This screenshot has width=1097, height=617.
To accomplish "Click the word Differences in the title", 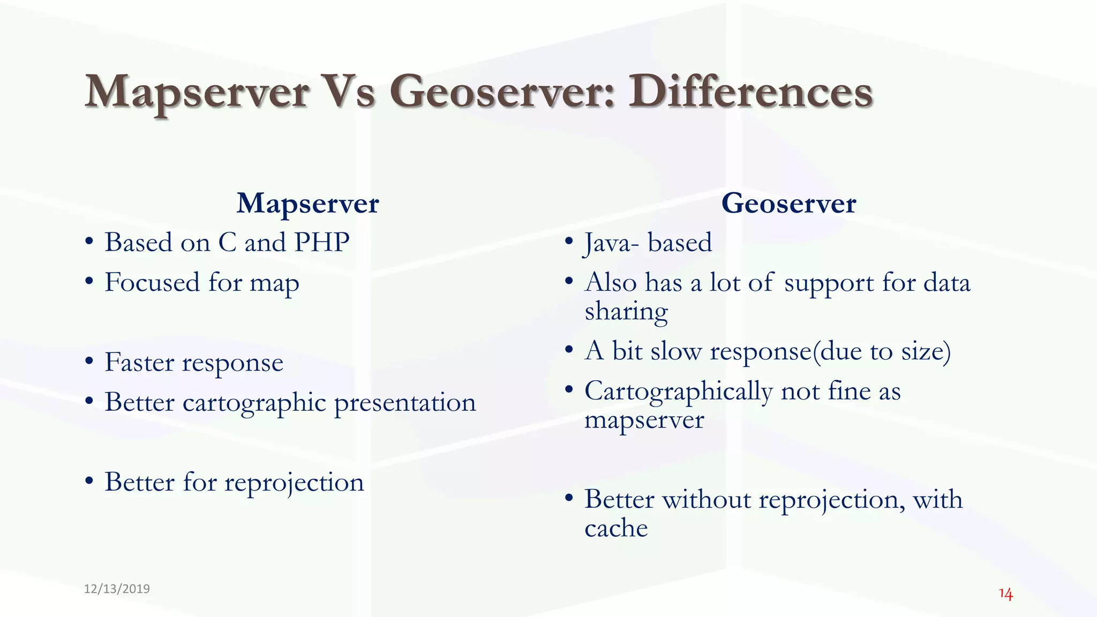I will coord(750,92).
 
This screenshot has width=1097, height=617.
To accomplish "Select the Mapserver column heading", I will coord(307,204).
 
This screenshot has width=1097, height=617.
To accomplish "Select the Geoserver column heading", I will coord(788,204).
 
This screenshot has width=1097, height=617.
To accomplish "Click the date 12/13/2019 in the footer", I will coord(117,589).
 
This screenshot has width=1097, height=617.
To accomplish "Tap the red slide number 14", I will coord(1005,595).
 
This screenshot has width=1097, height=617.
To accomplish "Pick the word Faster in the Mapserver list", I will coord(139,362).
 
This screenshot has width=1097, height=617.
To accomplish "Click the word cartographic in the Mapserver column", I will coord(254,403).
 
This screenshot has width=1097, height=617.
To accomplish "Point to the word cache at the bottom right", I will coord(616,529).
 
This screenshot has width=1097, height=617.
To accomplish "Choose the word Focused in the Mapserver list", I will coord(152,282).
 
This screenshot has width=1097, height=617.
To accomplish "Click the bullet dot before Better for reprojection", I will coord(89,481).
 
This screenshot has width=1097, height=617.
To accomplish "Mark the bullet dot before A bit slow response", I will coord(569,350).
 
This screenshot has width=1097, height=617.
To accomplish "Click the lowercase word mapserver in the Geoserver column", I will coord(644,420).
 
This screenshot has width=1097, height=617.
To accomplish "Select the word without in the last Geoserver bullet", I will coord(707,500).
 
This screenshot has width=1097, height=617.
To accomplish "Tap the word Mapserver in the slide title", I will coord(197,93).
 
